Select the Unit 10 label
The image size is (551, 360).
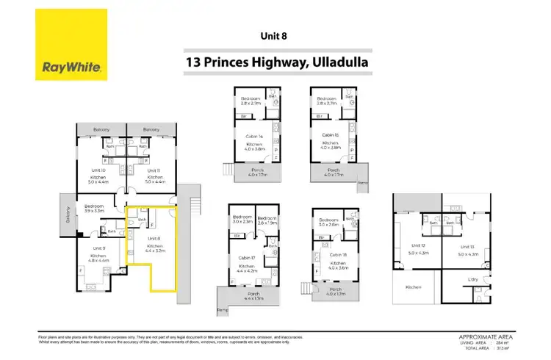[98, 170]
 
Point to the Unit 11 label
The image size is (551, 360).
[154, 170]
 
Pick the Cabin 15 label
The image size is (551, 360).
[329, 134]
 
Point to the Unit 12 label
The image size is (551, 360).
[418, 245]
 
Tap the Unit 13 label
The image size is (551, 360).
[468, 245]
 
